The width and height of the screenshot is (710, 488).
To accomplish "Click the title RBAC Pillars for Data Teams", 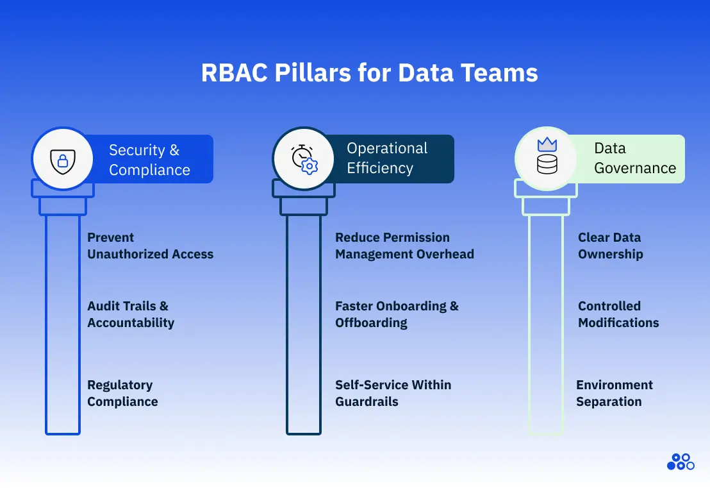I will tap(369, 73).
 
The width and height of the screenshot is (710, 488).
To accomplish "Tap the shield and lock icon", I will tap(63, 159).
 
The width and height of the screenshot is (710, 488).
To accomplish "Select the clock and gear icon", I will tap(304, 159).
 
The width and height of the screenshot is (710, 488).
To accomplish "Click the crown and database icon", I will tap(547, 158).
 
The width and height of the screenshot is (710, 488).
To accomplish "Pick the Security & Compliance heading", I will tap(150, 160).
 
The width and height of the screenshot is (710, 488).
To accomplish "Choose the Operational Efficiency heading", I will tap(387, 158).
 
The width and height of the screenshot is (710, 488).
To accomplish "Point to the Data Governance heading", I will tap(634, 158).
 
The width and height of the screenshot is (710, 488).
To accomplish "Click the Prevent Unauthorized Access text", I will tap(150, 246).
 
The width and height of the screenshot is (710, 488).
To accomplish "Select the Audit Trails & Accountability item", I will tap(131, 314).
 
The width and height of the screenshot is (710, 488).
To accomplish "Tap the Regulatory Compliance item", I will tap(122, 393).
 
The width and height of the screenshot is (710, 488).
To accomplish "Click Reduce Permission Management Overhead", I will tap(404, 246).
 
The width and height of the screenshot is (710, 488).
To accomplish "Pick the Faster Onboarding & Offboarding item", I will tap(397, 314).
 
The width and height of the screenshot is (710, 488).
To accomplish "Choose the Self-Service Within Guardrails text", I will tap(393, 393).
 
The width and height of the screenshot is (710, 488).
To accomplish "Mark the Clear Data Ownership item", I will tap(610, 246).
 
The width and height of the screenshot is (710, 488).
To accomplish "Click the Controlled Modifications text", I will tap(618, 314).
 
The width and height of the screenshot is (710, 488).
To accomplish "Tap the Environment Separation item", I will tap(614, 393).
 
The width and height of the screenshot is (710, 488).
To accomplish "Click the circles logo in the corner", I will tap(680, 462).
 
